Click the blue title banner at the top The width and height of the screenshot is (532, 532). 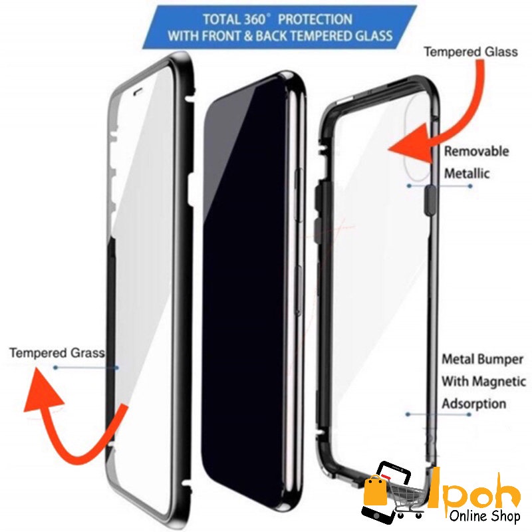279,27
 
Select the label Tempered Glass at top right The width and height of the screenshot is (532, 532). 471,51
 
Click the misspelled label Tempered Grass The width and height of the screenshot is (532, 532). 57,352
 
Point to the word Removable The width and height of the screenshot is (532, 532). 476,152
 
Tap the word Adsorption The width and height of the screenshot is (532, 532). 474,404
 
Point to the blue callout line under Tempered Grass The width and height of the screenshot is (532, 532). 86,367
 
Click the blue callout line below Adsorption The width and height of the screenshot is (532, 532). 439,414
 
